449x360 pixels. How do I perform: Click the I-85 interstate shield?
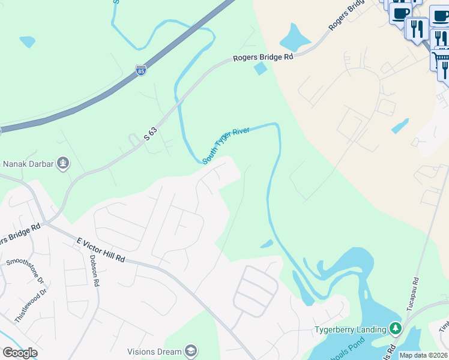click(140, 70)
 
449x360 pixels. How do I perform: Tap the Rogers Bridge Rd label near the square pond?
click(263, 57)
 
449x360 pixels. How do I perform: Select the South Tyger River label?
click(226, 145)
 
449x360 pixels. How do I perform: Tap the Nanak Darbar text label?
click(28, 163)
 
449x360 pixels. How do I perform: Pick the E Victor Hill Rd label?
click(100, 250)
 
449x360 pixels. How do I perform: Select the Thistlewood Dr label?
click(30, 306)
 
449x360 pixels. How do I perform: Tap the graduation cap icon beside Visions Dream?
click(190, 351)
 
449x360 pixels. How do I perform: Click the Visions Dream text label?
click(154, 352)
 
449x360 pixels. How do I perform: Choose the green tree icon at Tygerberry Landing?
click(395, 328)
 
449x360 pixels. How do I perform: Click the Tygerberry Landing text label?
click(351, 329)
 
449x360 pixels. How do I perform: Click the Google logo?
click(20, 353)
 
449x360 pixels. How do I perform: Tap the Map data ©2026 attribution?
click(423, 355)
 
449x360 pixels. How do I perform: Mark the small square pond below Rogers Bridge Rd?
click(261, 69)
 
